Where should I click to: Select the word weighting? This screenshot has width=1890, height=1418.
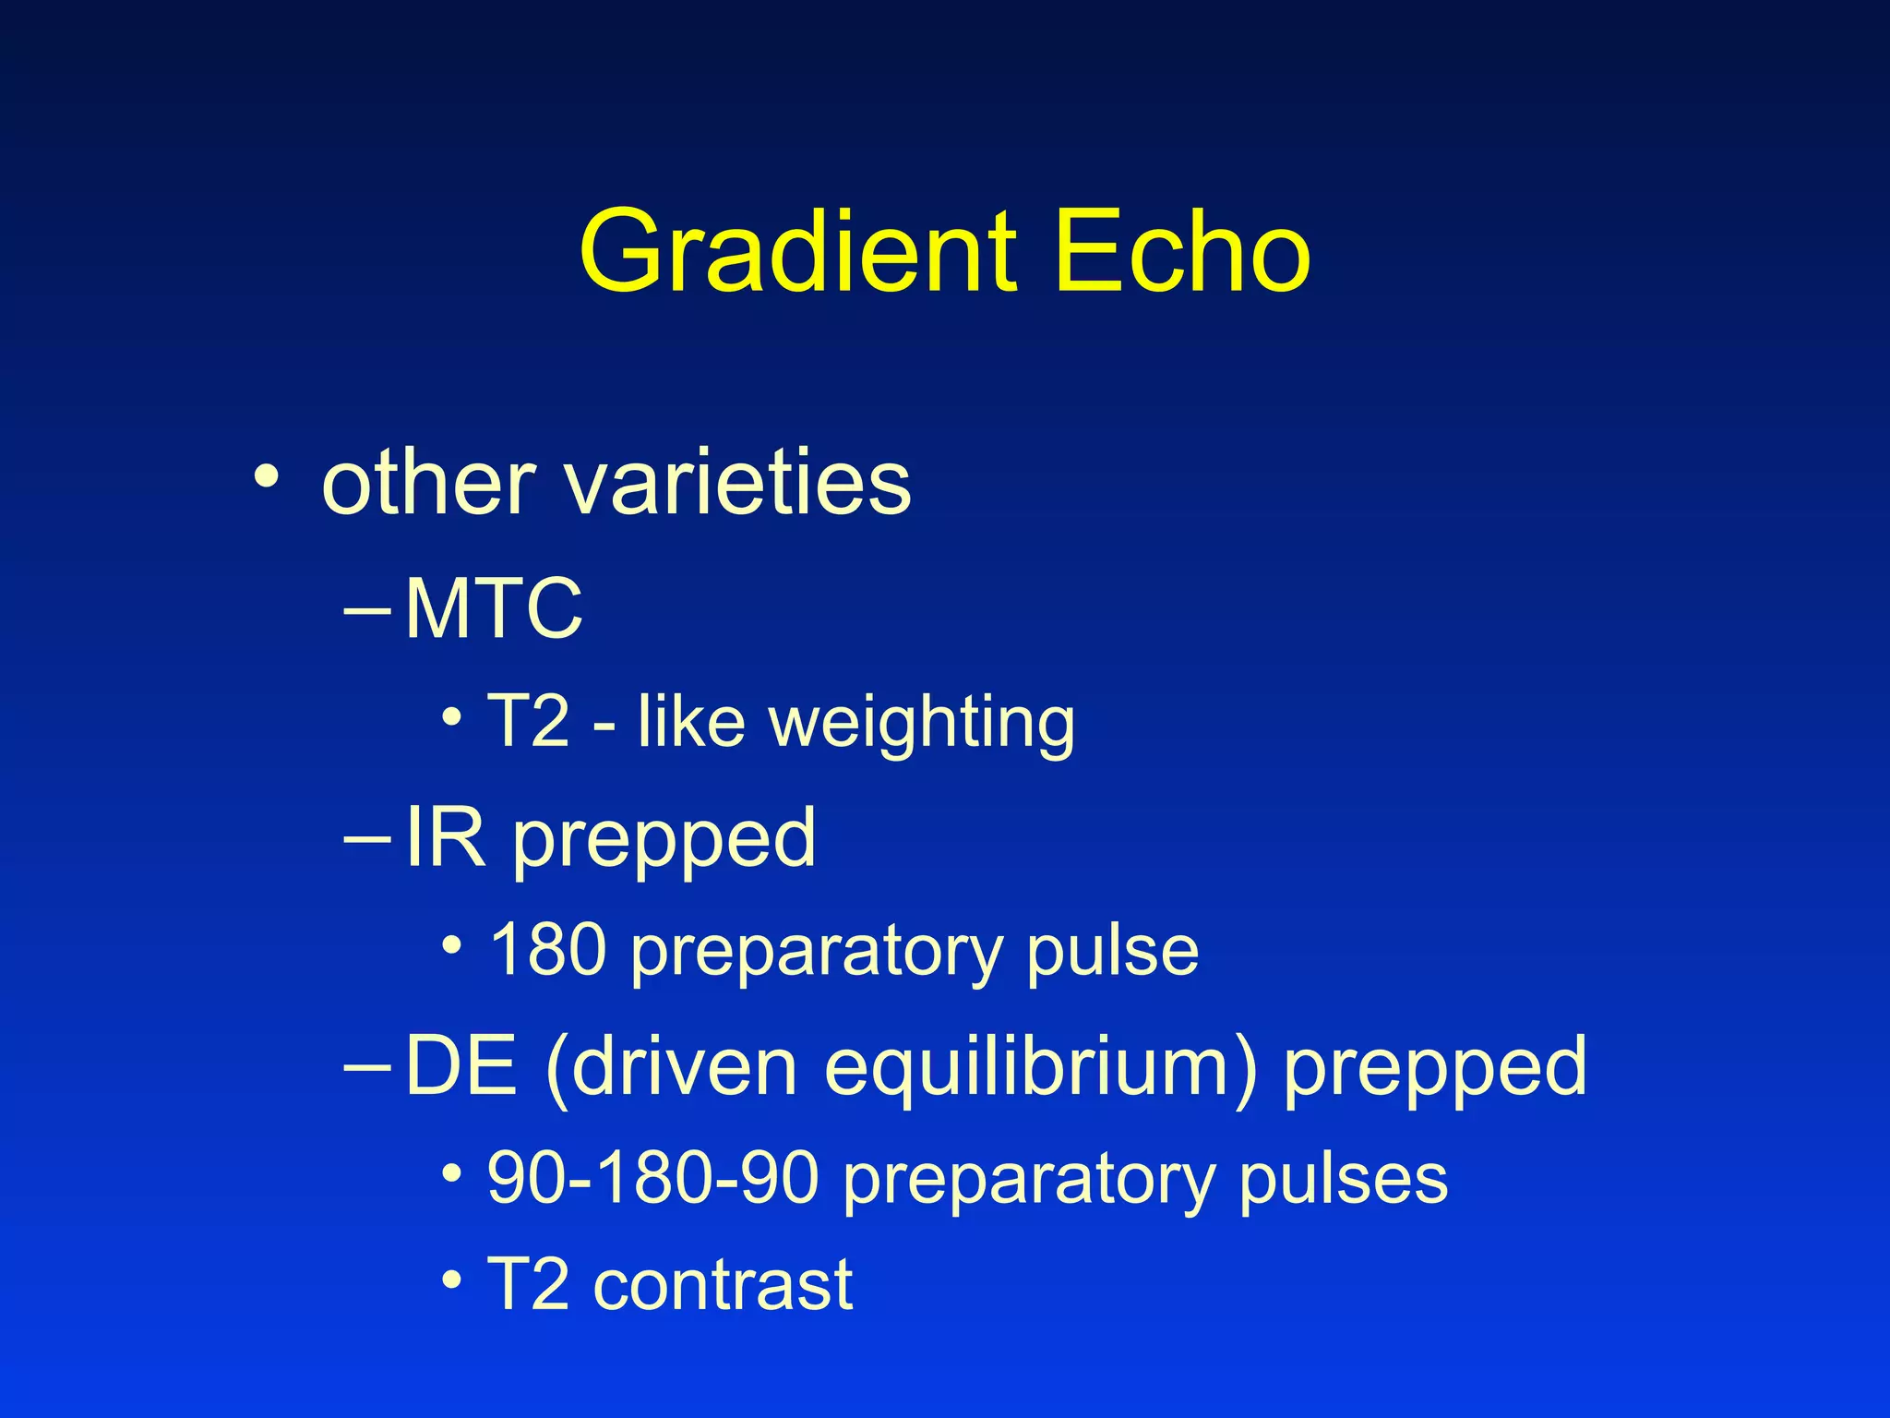[x=922, y=723]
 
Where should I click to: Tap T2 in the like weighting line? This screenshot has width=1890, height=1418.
[x=528, y=721]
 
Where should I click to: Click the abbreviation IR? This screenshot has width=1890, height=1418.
[x=445, y=837]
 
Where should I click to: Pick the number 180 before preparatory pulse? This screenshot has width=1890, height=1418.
[x=547, y=950]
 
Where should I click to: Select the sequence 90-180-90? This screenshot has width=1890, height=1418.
[x=653, y=1179]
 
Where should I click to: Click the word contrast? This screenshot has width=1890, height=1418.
[x=723, y=1284]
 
